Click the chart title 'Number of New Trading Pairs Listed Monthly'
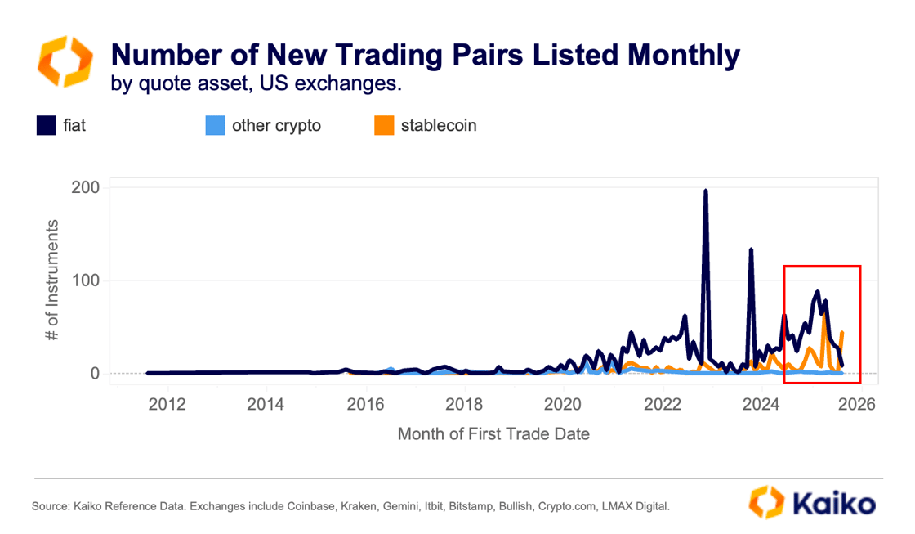[x=425, y=55]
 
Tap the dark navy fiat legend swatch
[x=46, y=126]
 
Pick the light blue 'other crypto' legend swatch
[x=214, y=126]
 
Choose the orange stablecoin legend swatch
[x=383, y=126]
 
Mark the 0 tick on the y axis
[x=95, y=374]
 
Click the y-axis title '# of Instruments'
[x=53, y=280]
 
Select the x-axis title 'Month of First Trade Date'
[x=493, y=433]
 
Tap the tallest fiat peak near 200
[x=705, y=191]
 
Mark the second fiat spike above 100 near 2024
[x=751, y=249]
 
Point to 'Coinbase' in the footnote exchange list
[x=312, y=507]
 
